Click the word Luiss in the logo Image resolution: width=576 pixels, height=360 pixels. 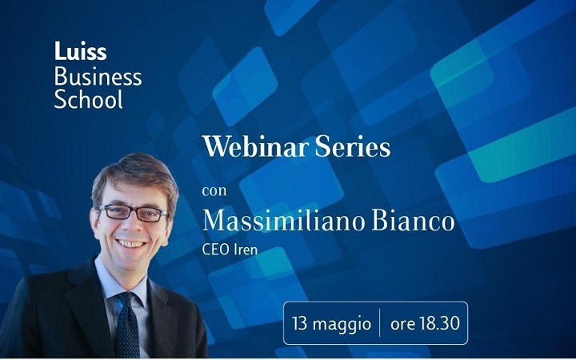pos(81,50)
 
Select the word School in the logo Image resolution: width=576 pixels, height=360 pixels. pos(88,98)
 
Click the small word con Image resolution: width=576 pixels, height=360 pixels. pos(214,191)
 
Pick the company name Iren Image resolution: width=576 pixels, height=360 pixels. pos(246,250)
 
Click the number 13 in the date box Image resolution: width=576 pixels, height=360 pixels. pos(299,324)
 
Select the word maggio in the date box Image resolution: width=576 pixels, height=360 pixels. pos(342,325)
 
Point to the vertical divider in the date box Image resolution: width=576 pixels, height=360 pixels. pos(380,323)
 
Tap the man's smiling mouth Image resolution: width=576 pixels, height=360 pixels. pos(130,244)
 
